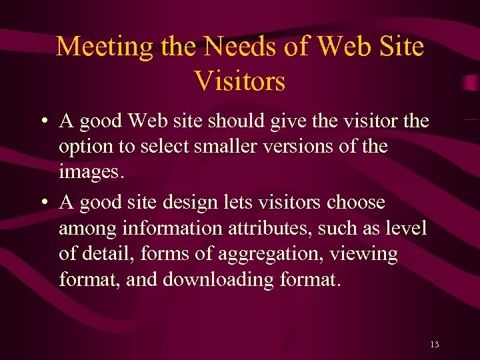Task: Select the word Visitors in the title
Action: click(x=240, y=81)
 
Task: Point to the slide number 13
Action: click(x=435, y=345)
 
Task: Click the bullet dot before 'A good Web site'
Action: click(x=42, y=122)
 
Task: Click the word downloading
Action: click(x=217, y=280)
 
